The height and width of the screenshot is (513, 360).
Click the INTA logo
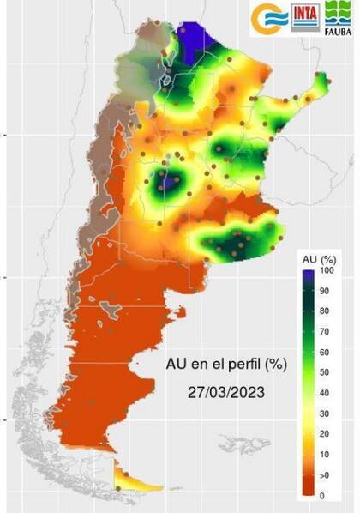coord(304,18)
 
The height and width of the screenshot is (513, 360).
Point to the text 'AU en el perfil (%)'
coord(226,364)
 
